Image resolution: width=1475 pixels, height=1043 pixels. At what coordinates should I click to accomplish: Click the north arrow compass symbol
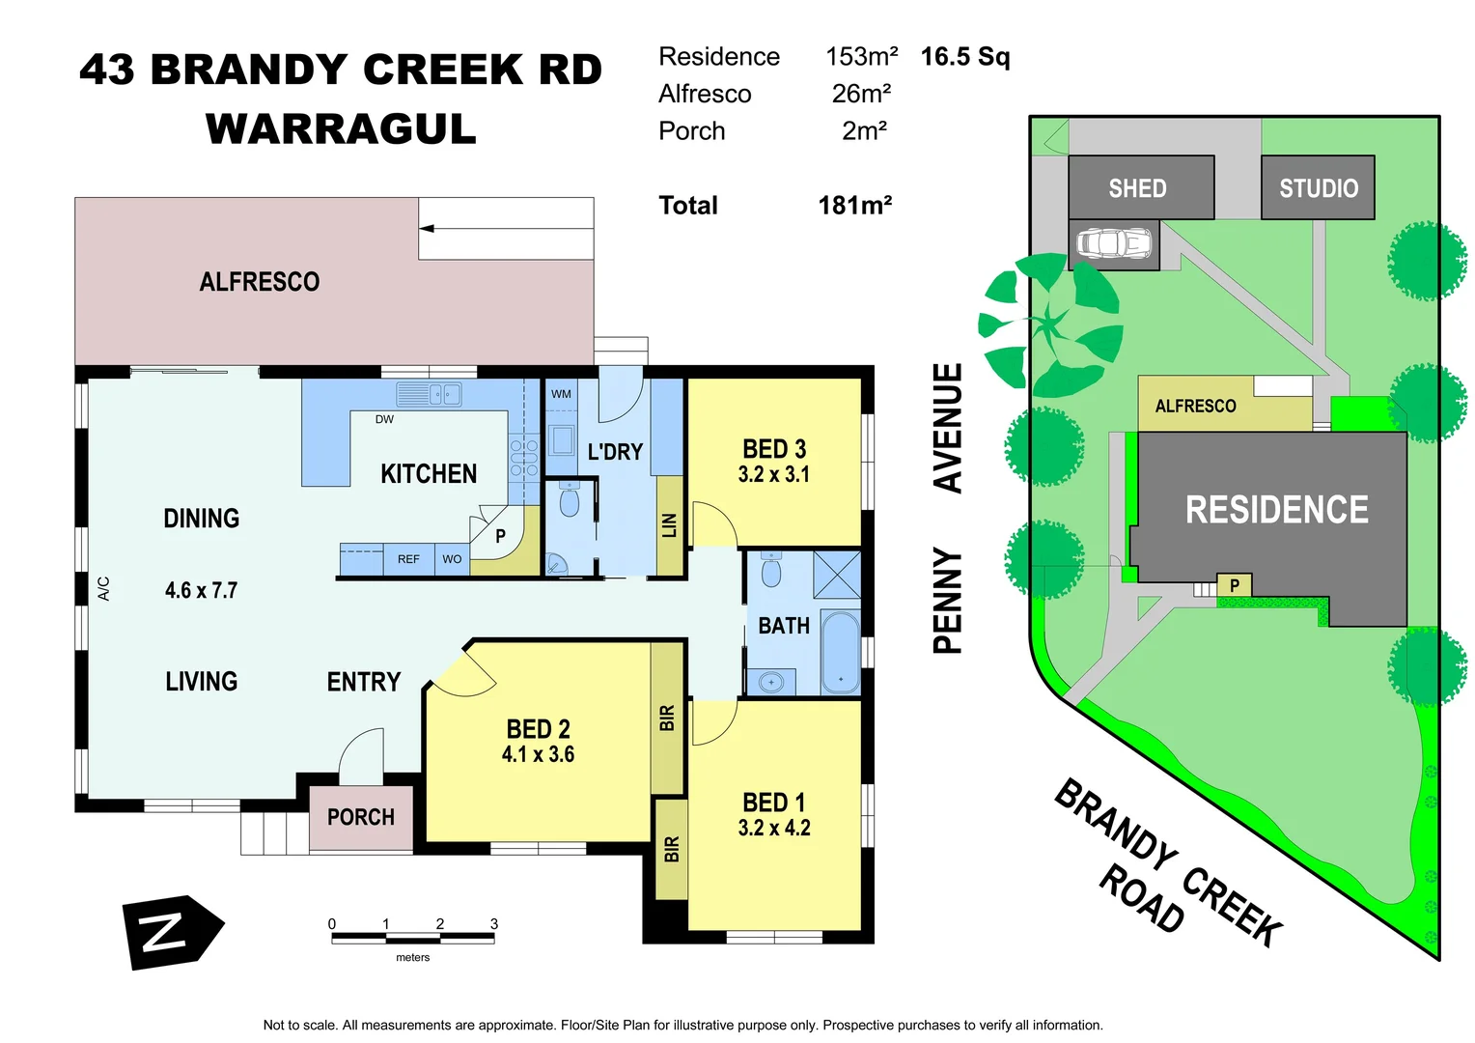point(171,932)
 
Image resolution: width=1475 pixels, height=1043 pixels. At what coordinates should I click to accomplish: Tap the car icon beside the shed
point(1114,243)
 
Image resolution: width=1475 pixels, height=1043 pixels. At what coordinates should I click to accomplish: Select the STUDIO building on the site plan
point(1318,188)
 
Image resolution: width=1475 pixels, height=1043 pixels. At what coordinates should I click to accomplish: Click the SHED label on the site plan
point(1137,188)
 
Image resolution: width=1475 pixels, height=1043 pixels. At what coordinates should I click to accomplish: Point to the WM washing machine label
point(561,394)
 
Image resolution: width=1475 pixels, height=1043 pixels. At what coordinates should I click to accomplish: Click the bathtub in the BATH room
point(840,652)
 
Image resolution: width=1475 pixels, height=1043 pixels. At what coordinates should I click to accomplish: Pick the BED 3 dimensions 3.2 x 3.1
point(773,474)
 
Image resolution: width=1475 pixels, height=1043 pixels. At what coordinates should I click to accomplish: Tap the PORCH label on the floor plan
point(361,817)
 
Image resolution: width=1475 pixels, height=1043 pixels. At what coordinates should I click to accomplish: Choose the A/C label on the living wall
point(104,588)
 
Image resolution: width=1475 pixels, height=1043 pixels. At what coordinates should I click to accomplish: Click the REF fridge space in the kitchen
point(408,559)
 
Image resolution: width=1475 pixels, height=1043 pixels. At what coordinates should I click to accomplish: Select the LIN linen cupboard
point(669,524)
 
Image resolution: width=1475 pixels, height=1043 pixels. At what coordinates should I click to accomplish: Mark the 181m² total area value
point(854,206)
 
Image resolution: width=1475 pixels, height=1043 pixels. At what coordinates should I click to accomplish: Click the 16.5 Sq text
point(964,57)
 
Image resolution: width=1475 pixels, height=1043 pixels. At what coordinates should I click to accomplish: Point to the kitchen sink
point(430,394)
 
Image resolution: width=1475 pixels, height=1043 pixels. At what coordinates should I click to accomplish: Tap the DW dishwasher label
point(384,419)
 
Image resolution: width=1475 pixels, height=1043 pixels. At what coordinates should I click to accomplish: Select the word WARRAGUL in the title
point(341,129)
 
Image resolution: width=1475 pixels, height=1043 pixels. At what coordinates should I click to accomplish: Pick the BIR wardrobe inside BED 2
point(667,718)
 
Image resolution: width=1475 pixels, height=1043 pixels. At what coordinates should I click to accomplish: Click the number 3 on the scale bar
point(494,924)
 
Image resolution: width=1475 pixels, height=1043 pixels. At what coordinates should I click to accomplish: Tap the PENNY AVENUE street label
point(948,509)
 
